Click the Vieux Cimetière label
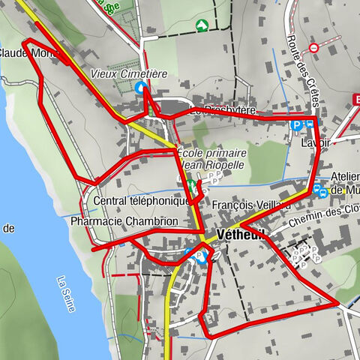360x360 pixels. pyautogui.click(x=128, y=73)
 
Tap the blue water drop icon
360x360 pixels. pyautogui.click(x=139, y=88)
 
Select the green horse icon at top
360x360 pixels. pyautogui.click(x=201, y=25)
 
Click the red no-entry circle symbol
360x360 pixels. pyautogui.click(x=313, y=48)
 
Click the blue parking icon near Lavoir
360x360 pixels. pyautogui.click(x=297, y=125)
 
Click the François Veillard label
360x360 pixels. pyautogui.click(x=250, y=205)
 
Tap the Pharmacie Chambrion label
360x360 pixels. pyautogui.click(x=124, y=222)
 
